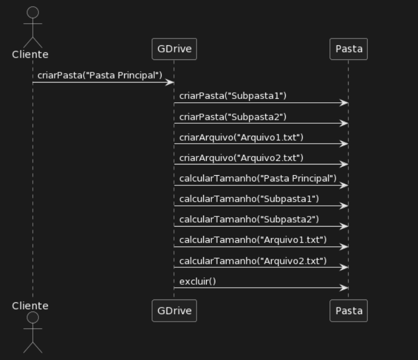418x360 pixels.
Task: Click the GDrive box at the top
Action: tap(174, 49)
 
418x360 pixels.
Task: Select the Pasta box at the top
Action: tap(349, 49)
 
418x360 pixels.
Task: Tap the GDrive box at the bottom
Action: tap(174, 310)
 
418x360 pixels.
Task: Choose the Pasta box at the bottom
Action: tap(349, 310)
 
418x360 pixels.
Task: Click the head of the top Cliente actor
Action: tap(33, 12)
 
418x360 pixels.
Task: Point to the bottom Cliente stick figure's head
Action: tap(33, 318)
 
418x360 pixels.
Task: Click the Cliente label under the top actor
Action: tap(30, 54)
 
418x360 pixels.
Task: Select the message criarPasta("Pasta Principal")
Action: tap(100, 75)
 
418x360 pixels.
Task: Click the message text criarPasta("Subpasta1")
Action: tap(233, 96)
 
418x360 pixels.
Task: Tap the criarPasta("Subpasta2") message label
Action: tap(233, 116)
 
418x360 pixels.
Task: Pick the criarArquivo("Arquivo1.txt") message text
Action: tap(241, 137)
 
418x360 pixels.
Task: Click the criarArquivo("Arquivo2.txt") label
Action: tap(241, 157)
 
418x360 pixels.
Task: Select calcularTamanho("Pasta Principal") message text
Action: tap(258, 178)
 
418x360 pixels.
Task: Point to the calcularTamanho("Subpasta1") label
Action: tap(249, 198)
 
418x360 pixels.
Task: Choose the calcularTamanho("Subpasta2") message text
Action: tap(249, 219)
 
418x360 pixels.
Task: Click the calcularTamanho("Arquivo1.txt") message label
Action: tap(253, 240)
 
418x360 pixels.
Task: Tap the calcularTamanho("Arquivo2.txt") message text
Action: tap(253, 260)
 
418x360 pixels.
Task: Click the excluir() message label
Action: tap(198, 280)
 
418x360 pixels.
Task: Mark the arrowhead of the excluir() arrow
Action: tap(345, 288)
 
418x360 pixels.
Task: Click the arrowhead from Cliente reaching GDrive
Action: tap(170, 83)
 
